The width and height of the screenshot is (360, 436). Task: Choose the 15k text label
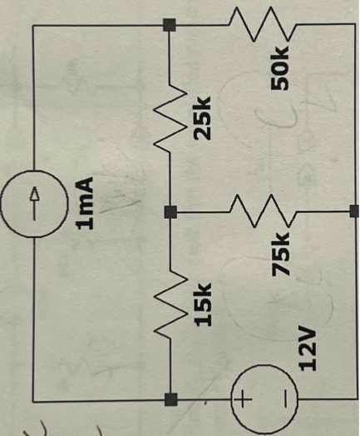click(202, 303)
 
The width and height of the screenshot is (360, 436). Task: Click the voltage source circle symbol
click(259, 401)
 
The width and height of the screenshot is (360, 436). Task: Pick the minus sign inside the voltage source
click(282, 401)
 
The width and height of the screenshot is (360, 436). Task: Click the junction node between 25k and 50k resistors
click(170, 24)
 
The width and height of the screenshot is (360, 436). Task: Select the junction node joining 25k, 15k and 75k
click(170, 211)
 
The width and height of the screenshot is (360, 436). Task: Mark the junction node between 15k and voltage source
click(170, 400)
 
